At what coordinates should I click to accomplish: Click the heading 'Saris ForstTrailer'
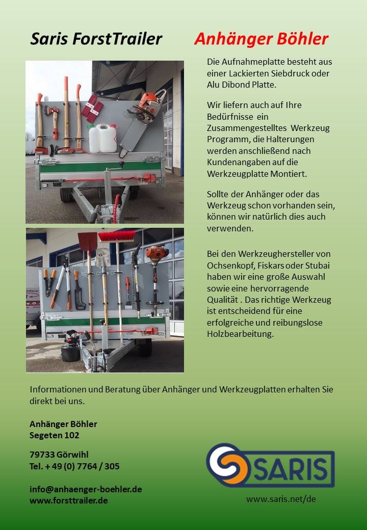click(96, 39)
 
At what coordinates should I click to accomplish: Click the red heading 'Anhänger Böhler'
click(261, 39)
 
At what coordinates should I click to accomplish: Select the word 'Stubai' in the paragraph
click(318, 266)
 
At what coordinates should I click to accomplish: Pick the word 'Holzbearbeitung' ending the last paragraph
click(240, 334)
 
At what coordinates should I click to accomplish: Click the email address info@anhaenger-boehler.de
click(86, 489)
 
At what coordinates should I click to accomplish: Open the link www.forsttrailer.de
click(68, 500)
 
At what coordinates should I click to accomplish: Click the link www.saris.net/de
click(281, 499)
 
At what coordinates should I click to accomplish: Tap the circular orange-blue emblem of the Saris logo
click(226, 464)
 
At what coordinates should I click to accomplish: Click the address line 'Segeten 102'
click(55, 436)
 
